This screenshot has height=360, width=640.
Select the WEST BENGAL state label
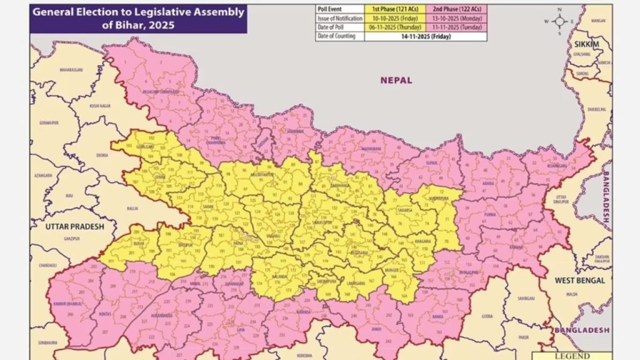(x=580, y=281)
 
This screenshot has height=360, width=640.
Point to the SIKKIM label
(x=587, y=45)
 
